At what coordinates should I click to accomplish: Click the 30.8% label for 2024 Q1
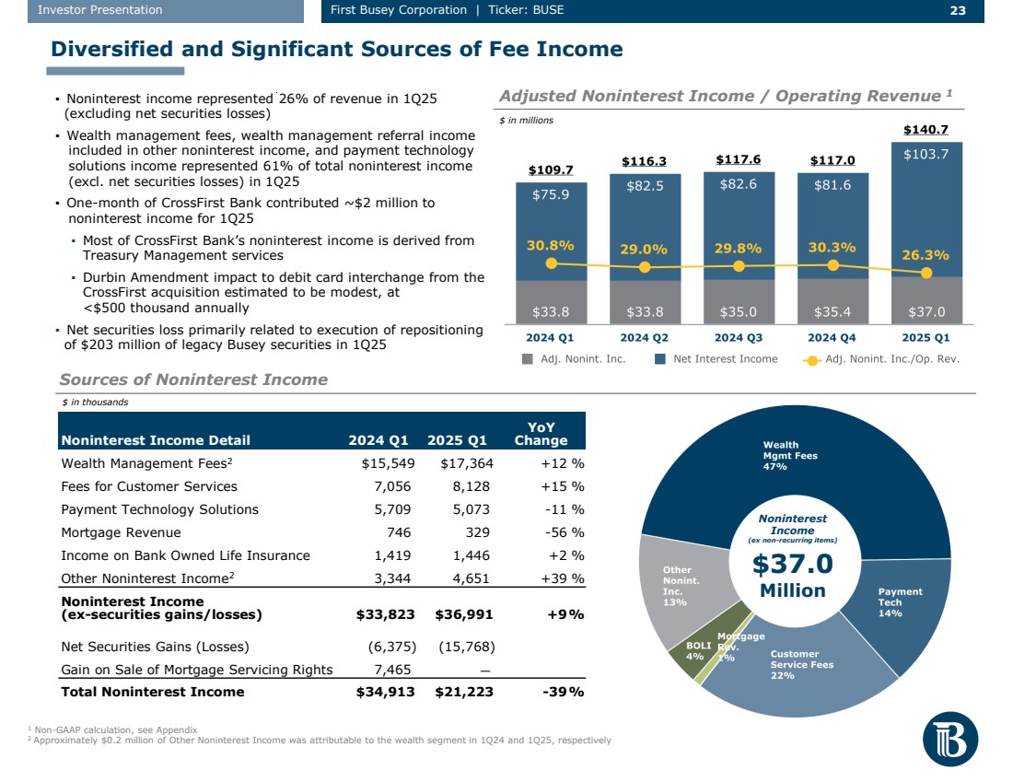[x=551, y=246]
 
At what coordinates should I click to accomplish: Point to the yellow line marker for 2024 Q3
[x=739, y=266]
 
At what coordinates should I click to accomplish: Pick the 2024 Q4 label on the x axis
[x=833, y=336]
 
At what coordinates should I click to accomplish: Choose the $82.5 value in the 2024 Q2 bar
[x=645, y=186]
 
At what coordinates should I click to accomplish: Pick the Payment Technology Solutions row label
[x=159, y=509]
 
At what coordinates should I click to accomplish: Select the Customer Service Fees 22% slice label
[x=801, y=664]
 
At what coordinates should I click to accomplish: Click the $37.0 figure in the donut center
[x=793, y=563]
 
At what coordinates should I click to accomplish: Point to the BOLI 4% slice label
[x=699, y=651]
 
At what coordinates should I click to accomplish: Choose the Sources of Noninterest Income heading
[x=193, y=379]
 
